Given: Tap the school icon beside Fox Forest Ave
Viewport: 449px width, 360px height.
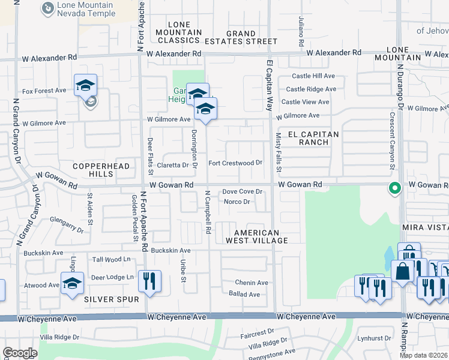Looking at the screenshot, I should [86, 86].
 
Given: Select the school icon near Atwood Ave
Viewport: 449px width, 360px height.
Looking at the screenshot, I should [72, 283].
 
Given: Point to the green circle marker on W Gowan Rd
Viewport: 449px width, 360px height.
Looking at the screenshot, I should [394, 188].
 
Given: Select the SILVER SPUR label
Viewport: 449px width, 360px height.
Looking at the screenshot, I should [112, 299].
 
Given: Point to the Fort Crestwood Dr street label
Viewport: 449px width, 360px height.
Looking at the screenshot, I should [235, 163].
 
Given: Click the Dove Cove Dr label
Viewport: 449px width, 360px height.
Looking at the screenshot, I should [243, 191].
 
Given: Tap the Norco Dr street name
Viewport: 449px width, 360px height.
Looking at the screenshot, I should [237, 201].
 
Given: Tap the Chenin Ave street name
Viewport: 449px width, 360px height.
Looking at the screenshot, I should [251, 283].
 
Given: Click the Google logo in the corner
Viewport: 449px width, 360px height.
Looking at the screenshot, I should [20, 353].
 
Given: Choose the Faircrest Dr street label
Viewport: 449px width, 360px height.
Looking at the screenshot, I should [257, 331].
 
